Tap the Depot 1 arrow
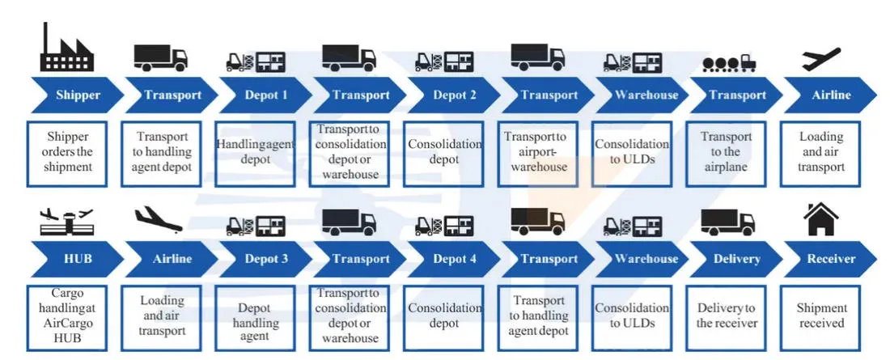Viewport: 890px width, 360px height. [265, 95]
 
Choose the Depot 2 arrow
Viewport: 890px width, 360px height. [455, 95]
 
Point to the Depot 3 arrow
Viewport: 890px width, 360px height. [265, 259]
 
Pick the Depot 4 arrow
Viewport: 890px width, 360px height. [455, 259]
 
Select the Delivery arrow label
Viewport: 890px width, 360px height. [737, 259]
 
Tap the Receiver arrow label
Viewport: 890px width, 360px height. [831, 259]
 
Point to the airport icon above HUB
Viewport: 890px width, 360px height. [66, 221]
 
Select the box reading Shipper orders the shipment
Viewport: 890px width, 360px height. [69, 152]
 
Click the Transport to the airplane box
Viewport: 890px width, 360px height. [727, 152]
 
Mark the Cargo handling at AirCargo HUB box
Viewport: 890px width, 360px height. [69, 316]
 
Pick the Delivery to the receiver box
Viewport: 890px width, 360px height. [727, 316]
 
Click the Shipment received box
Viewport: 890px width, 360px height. [821, 316]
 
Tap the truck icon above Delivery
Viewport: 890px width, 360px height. [727, 221]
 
